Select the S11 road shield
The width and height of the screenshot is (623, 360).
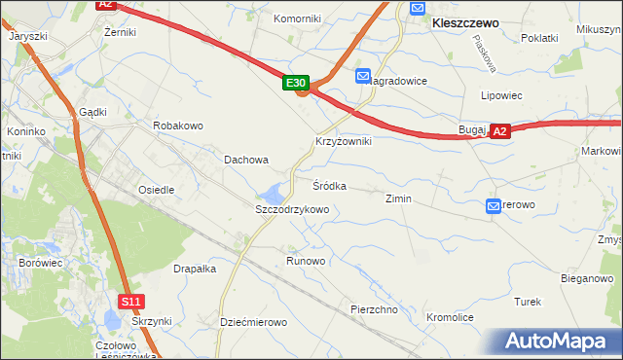click(x=132, y=303)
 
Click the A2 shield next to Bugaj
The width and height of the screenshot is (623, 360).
click(x=500, y=131)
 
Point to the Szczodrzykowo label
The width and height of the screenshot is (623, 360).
click(x=292, y=209)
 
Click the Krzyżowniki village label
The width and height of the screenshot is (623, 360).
click(x=343, y=141)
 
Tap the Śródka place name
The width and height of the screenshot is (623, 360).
click(x=329, y=185)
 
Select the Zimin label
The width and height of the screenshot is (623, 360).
click(x=399, y=198)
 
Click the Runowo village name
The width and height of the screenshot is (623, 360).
click(x=306, y=262)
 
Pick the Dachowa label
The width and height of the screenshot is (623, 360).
click(x=246, y=160)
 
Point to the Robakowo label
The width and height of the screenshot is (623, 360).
click(x=177, y=126)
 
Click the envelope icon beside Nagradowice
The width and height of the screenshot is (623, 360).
click(x=363, y=76)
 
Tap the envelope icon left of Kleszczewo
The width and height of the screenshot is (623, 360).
click(x=418, y=8)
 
